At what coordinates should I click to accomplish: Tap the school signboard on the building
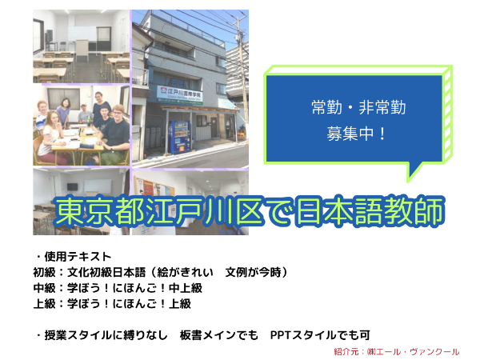182,90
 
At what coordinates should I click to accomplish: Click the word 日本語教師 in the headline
377,210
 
